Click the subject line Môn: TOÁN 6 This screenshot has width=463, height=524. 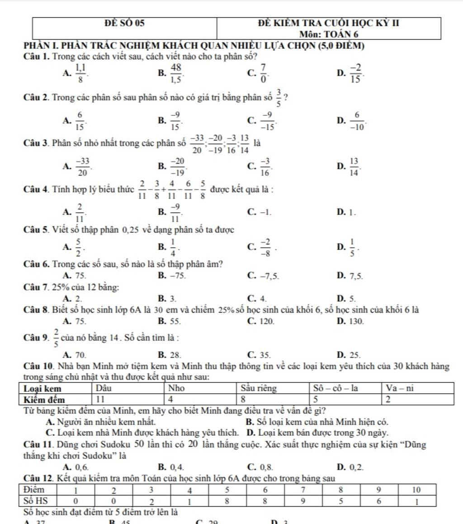coord(329,34)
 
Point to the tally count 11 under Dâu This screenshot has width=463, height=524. coord(101,399)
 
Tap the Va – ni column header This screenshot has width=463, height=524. coord(400,388)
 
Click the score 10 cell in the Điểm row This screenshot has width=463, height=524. coord(416,490)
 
